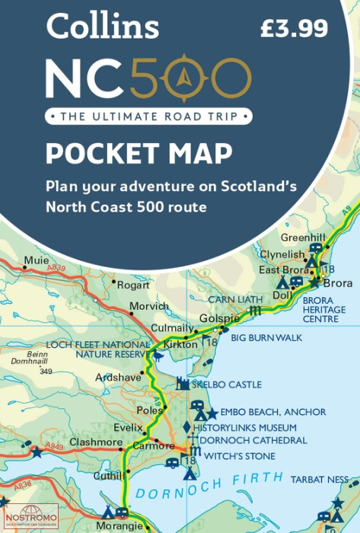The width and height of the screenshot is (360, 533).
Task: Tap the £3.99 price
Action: [x=294, y=29]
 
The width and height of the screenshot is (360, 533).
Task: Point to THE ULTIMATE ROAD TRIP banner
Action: [x=147, y=116]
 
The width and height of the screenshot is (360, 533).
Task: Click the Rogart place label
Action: [x=135, y=286]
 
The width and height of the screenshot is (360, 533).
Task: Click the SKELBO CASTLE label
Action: [x=227, y=385]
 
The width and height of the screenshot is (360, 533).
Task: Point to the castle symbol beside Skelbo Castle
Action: [x=183, y=383]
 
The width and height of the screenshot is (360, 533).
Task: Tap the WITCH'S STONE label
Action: [x=235, y=456]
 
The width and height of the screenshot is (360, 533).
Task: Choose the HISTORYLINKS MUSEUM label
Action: [x=244, y=428]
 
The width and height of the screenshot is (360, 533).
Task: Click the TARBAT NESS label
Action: [x=319, y=480]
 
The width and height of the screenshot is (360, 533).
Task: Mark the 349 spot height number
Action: [x=46, y=371]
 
